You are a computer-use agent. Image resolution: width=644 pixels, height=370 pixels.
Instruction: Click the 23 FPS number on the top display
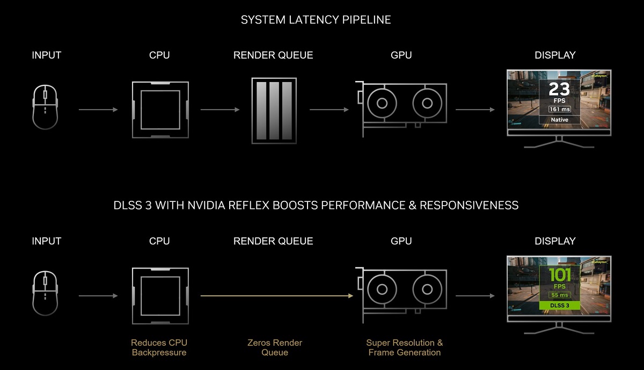559,89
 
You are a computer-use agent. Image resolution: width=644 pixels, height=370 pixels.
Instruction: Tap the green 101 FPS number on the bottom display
559,275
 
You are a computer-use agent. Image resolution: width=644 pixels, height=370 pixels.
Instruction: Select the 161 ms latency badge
559,110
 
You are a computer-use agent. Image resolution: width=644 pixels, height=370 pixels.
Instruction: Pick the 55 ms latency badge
559,295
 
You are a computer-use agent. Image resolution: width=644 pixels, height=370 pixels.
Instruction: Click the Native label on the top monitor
559,120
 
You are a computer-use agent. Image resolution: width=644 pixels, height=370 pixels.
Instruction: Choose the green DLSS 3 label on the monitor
559,306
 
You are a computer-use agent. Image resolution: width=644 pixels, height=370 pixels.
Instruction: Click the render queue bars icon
274,111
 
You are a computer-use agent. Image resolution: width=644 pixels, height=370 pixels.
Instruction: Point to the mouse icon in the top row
45,107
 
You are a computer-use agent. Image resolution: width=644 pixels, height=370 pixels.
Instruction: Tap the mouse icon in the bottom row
45,293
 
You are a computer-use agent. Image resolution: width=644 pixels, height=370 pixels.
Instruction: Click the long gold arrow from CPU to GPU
277,295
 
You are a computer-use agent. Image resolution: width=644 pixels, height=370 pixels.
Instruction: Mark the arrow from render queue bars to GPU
329,110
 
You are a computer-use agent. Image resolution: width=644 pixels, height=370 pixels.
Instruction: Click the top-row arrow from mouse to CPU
98,110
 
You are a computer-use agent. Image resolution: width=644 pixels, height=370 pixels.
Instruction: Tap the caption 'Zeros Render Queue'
275,347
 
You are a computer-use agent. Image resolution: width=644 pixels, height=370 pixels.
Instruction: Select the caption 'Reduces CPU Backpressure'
159,347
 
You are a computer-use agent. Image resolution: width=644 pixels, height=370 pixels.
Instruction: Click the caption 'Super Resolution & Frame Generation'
405,347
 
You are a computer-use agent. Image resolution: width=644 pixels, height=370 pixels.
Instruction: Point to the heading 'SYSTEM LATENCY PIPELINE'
316,20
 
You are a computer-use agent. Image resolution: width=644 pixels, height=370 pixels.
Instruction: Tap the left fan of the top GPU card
382,103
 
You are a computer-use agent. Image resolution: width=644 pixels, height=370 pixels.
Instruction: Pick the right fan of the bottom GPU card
427,289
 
